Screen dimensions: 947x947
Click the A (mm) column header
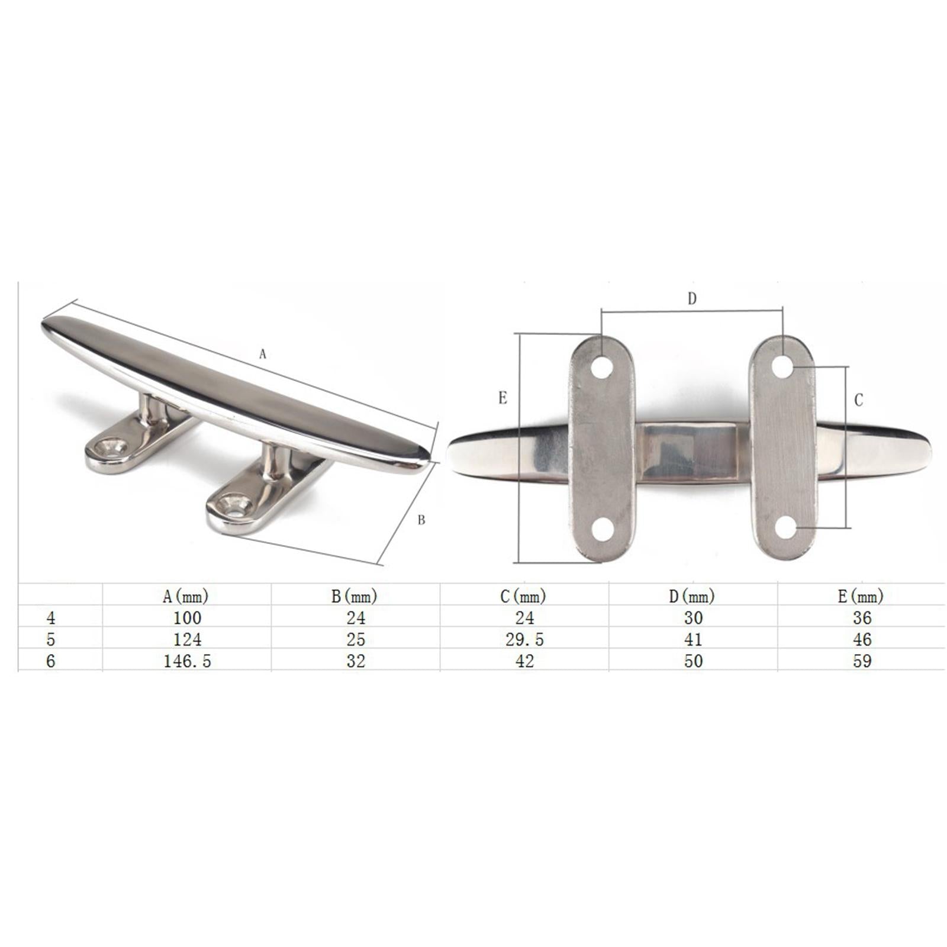(186, 596)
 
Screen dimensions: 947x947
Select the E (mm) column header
(861, 596)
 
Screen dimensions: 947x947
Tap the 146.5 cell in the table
(187, 661)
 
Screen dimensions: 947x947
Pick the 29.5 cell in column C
(524, 639)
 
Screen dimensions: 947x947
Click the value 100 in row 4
(187, 618)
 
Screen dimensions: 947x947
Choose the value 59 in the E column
(862, 661)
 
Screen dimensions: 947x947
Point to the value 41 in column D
(693, 639)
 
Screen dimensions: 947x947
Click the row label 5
(51, 639)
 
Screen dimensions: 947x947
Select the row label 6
(51, 661)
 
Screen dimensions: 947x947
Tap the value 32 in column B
(356, 661)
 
